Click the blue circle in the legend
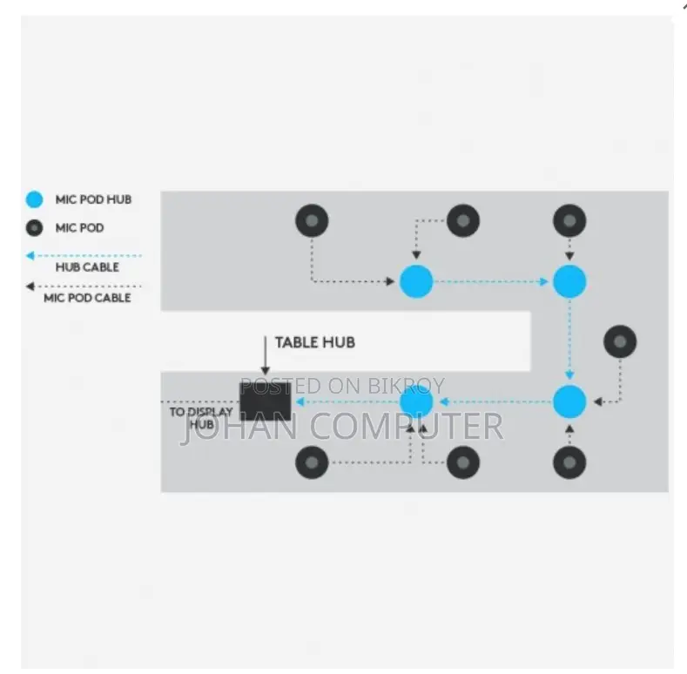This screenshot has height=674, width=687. point(34,199)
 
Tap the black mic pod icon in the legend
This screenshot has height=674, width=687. point(34,228)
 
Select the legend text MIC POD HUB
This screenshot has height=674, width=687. point(93,199)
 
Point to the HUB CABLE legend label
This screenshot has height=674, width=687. point(87,267)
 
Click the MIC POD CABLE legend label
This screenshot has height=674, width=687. point(87,298)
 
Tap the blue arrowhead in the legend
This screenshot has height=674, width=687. point(30,255)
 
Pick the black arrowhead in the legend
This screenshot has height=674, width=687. point(30,286)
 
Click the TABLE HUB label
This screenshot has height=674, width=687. point(315,343)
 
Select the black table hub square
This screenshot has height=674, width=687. point(265,401)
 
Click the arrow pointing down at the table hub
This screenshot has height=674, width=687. point(265,355)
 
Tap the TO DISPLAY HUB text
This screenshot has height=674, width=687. point(201,418)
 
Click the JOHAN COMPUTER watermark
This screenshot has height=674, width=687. point(342,426)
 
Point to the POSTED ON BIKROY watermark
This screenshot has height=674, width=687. point(342,386)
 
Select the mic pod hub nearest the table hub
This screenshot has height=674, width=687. point(416,401)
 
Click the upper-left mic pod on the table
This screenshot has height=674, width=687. point(312,220)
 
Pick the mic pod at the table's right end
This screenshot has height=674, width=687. point(620,341)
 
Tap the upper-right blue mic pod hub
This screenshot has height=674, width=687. point(569,281)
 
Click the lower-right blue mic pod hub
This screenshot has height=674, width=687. point(569,401)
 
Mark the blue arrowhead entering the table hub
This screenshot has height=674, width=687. point(300,401)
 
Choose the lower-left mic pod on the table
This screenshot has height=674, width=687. point(312,462)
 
